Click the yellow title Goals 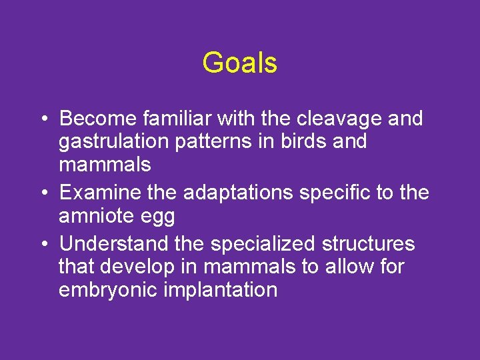[x=239, y=63]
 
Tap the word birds [x=309, y=142]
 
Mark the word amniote [x=97, y=217]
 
